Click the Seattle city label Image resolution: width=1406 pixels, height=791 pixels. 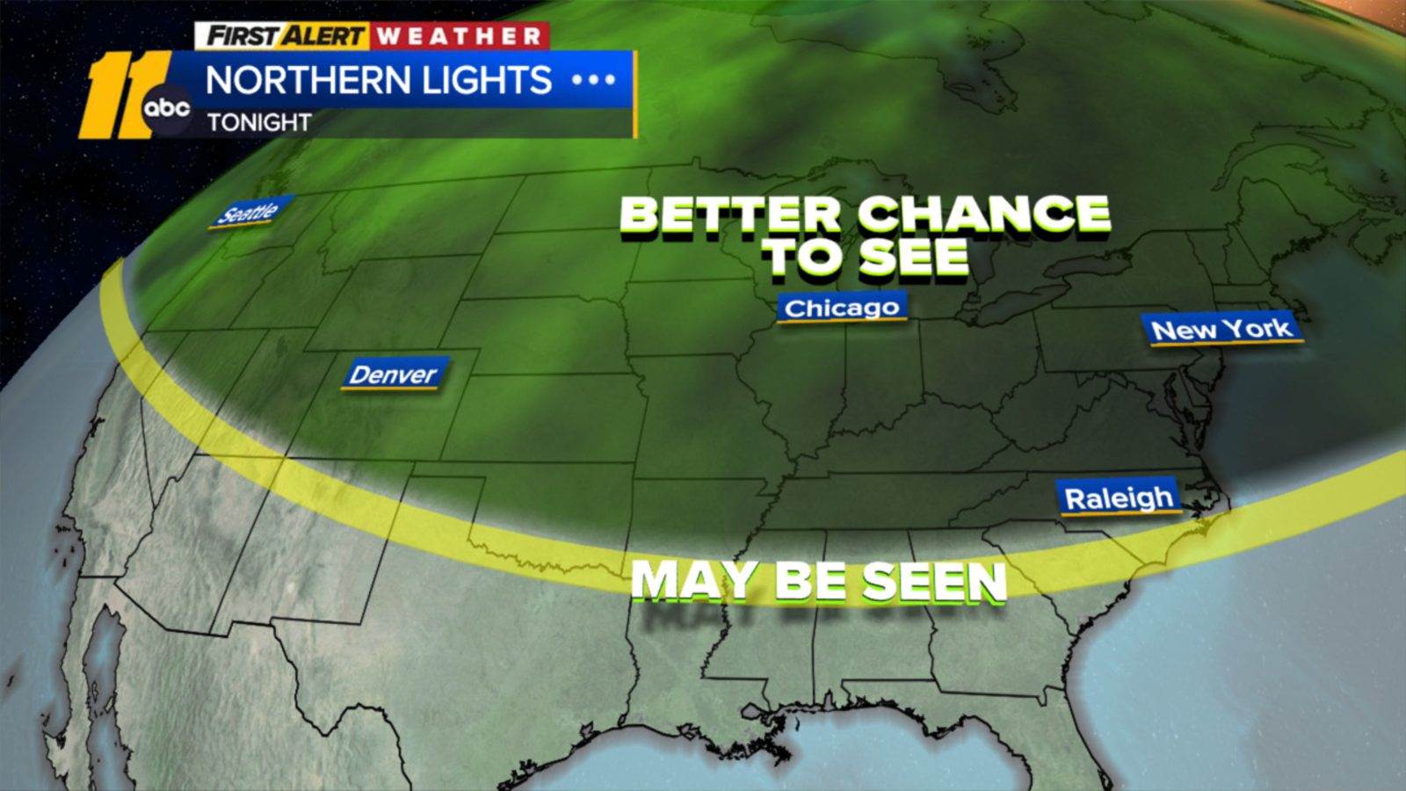pos(250,212)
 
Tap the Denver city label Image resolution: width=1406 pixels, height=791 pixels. pos(394,374)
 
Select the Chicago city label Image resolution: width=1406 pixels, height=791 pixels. pos(842,308)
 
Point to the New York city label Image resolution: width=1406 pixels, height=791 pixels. pos(1221,330)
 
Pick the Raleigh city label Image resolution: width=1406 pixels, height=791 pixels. pos(1119,498)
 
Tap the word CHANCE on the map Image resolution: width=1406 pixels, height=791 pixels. pos(984,214)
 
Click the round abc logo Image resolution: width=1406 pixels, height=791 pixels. pos(166,108)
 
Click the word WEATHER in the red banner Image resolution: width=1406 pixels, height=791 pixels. pos(460,36)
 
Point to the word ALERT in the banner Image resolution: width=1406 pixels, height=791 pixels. pos(323,36)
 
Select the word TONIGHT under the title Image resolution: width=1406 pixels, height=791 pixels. pos(259,122)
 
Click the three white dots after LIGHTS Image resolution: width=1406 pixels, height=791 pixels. pos(593,80)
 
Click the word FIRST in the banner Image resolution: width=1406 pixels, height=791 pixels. pos(243,36)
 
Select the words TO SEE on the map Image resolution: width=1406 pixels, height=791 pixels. pos(866,258)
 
